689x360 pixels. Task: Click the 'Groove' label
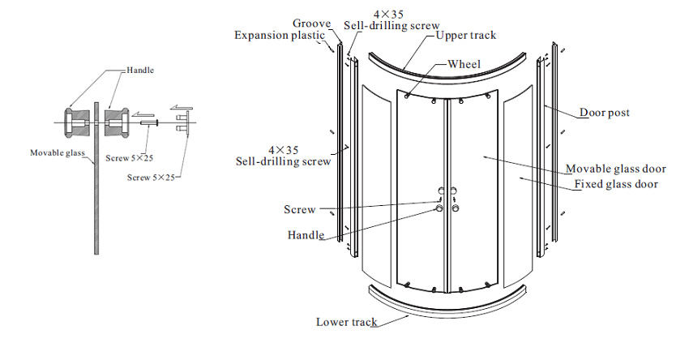pyautogui.click(x=310, y=24)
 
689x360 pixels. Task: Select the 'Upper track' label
pyautogui.click(x=465, y=36)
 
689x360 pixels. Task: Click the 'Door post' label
pyautogui.click(x=604, y=113)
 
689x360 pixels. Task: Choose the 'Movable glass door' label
pyautogui.click(x=615, y=169)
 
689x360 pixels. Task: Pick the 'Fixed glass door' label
pyautogui.click(x=616, y=184)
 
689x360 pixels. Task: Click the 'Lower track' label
pyautogui.click(x=346, y=322)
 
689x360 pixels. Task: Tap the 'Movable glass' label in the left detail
pyautogui.click(x=58, y=152)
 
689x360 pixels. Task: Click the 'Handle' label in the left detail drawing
pyautogui.click(x=139, y=71)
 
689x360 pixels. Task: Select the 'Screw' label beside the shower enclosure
pyautogui.click(x=299, y=209)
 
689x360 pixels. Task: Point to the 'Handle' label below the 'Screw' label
pyautogui.click(x=306, y=235)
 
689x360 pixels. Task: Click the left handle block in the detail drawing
pyautogui.click(x=78, y=122)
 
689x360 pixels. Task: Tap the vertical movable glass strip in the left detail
pyautogui.click(x=96, y=186)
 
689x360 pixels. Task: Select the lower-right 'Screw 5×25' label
pyautogui.click(x=153, y=177)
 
